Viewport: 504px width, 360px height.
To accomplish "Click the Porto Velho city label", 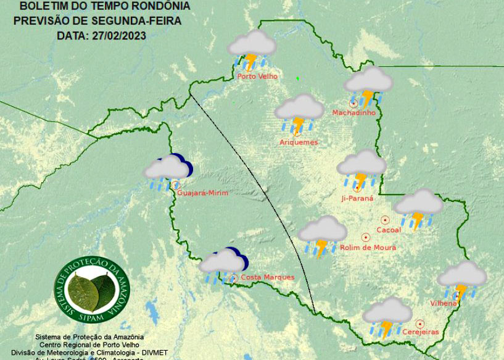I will point(257,77).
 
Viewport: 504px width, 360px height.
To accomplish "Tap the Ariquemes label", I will point(299,143).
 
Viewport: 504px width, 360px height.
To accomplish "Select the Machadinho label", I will point(353,112).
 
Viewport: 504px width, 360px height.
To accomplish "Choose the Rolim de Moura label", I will point(368,248).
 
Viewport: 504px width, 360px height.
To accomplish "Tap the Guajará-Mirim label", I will point(202,193).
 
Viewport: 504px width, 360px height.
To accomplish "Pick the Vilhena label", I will point(444,303).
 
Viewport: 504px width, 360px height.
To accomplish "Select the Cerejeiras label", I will point(420,332).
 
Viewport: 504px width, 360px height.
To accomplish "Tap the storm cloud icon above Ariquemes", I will point(299,112).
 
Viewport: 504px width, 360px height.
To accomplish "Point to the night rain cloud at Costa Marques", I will point(223,264).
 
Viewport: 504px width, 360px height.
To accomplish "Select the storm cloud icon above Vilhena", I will point(462,278).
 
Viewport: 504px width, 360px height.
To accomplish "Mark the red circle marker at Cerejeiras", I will point(420,323).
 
